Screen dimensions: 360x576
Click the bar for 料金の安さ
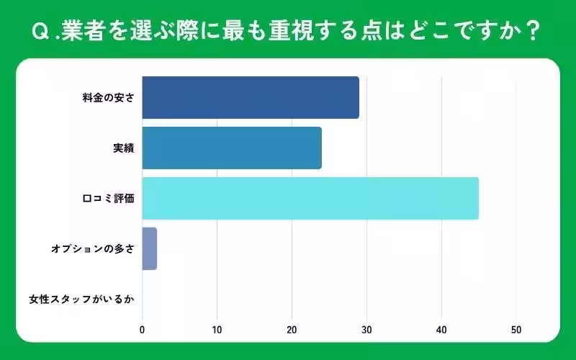tap(250, 97)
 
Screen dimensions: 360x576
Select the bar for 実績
tap(231, 148)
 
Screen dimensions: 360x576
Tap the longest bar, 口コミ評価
tap(310, 198)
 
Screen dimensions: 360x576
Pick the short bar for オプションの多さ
tap(149, 248)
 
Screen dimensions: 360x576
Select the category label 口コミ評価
tap(109, 198)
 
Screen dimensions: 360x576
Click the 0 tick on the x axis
tap(142, 330)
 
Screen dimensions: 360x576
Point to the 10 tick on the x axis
tap(217, 330)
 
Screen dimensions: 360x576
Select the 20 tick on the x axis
tap(292, 330)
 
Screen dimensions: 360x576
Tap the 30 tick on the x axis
tap(366, 330)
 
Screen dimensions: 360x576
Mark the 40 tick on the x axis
tap(441, 330)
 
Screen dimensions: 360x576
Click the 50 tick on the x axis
tap(516, 330)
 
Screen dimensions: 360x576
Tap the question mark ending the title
tap(532, 32)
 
